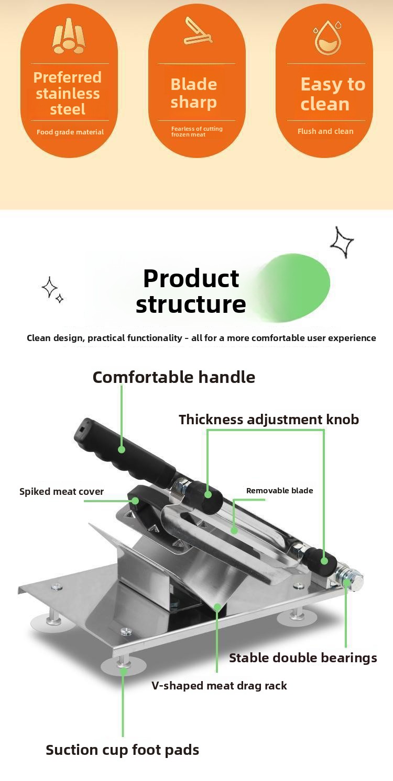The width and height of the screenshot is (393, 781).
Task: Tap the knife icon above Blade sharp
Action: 198,31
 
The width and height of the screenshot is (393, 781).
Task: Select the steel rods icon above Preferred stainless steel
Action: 69,36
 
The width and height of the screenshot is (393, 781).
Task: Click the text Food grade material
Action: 70,132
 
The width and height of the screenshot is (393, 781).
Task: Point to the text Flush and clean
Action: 325,131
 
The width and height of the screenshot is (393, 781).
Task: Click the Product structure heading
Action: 191,291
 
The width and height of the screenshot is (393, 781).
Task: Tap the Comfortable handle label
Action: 173,377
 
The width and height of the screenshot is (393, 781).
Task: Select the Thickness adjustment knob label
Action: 269,420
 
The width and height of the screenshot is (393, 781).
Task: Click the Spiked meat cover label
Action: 61,492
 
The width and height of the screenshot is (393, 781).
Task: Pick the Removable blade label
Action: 279,491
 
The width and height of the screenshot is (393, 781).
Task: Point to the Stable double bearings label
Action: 303,658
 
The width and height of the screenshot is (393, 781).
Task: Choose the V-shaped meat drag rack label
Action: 219,686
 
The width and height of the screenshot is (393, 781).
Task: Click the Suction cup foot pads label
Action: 122,750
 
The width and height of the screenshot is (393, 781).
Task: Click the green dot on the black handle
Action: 122,449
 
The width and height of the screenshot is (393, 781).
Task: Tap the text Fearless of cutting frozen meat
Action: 196,131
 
